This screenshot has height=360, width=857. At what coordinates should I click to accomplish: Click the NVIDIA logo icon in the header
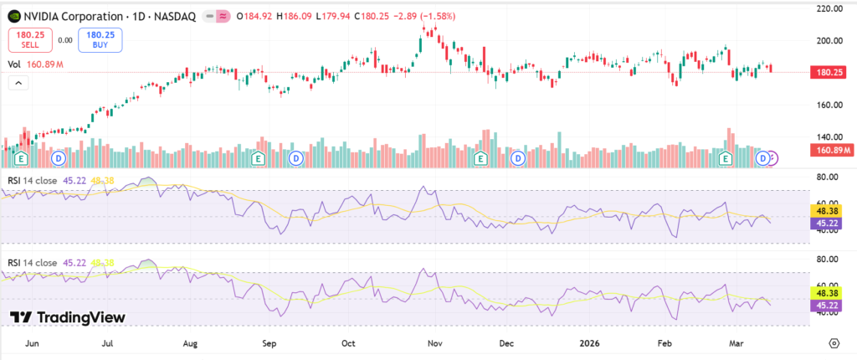coord(13,16)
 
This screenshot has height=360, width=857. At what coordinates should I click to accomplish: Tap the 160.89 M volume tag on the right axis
coord(829,150)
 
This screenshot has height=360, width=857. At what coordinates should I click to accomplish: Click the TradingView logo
coord(67,317)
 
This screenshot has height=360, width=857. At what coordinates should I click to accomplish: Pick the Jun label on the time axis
coord(33,343)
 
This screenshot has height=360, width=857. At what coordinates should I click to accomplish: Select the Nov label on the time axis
coord(434,343)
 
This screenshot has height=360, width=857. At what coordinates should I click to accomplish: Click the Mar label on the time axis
coord(736,343)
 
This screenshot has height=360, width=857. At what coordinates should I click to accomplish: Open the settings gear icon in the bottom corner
coord(834,343)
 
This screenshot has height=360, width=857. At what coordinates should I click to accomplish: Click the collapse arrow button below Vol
coord(18,82)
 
